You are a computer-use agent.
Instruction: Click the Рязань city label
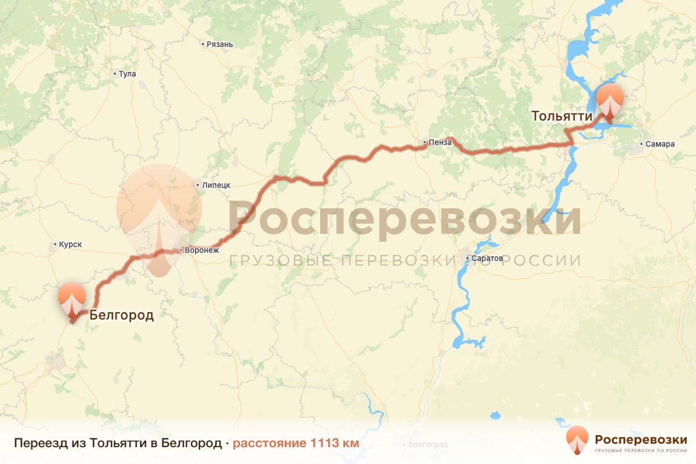220,44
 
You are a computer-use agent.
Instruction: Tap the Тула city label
127,74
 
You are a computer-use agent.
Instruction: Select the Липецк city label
216,185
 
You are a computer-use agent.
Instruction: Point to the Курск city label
70,245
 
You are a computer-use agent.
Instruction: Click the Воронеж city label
202,251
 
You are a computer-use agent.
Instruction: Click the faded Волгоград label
428,445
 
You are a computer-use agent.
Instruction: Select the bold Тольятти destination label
562,116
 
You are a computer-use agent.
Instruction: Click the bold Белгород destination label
121,316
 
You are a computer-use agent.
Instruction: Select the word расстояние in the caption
270,443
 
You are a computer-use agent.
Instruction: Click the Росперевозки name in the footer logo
641,438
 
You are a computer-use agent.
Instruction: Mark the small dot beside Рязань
202,44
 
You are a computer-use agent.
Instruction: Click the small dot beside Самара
641,144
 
